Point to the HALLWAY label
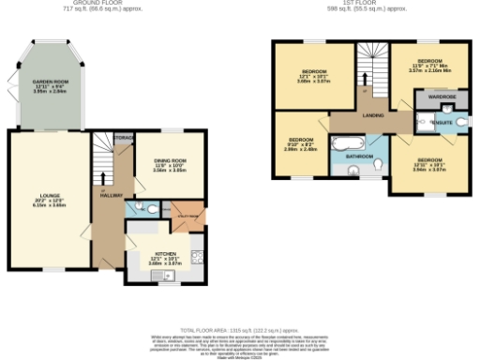coord(112,195)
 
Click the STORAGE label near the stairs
coord(123,138)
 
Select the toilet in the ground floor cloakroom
coord(139,208)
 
